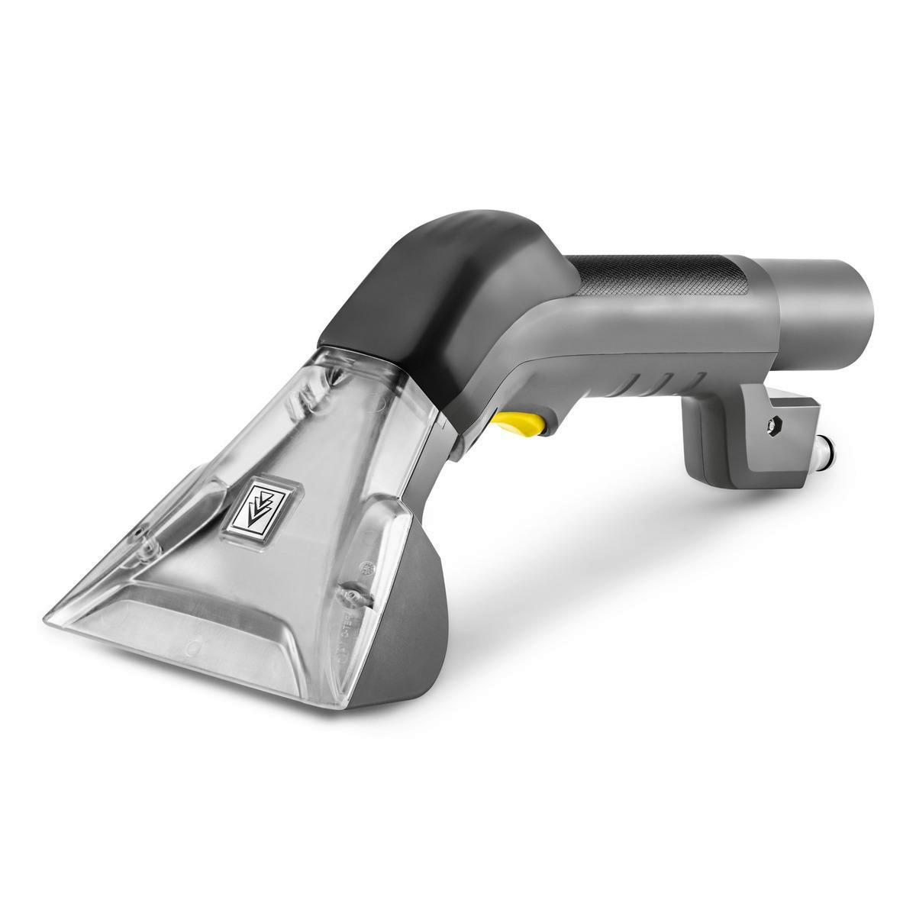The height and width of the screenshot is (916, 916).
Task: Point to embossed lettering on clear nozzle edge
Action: pos(376,611)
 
